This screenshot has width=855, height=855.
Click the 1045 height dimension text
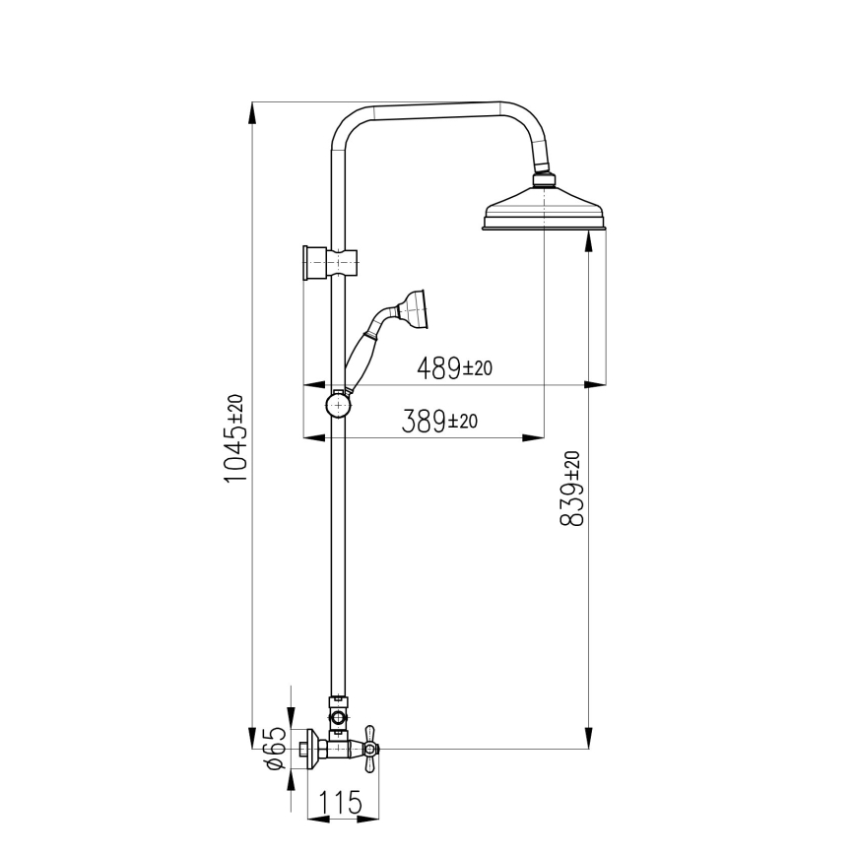234,452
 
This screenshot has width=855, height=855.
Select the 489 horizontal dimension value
438,368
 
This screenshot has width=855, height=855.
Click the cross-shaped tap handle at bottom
370,751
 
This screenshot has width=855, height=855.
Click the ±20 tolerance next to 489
477,368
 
